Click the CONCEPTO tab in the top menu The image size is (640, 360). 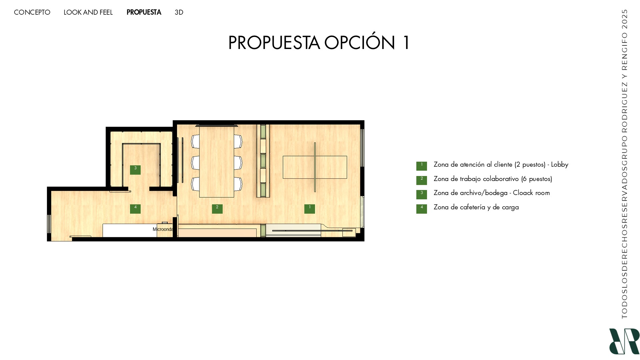click(32, 12)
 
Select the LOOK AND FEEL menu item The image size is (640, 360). click(88, 12)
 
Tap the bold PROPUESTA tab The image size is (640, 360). click(144, 12)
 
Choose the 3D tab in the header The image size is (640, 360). click(179, 12)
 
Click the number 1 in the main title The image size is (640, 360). click(406, 43)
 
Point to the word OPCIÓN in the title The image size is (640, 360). click(359, 43)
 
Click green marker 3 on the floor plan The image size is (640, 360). click(135, 170)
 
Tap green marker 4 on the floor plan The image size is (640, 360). click(135, 209)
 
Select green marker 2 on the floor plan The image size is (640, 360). click(217, 209)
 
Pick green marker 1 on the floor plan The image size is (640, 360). click(309, 209)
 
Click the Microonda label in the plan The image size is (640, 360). click(163, 229)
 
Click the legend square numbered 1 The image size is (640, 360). click(421, 166)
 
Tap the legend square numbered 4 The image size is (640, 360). click(421, 209)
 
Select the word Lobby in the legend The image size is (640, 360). click(559, 164)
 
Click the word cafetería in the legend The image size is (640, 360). click(471, 207)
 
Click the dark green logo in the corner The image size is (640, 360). click(624, 341)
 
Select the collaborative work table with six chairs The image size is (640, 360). click(217, 162)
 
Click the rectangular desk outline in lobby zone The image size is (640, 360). click(315, 167)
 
